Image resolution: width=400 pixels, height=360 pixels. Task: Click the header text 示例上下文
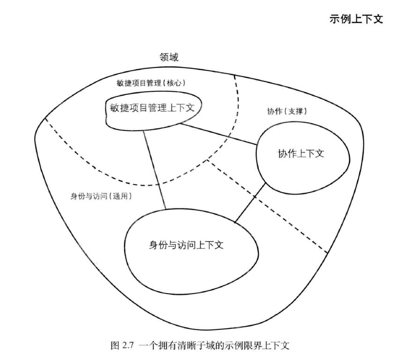click(356, 21)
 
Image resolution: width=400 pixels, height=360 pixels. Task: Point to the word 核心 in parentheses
click(175, 83)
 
